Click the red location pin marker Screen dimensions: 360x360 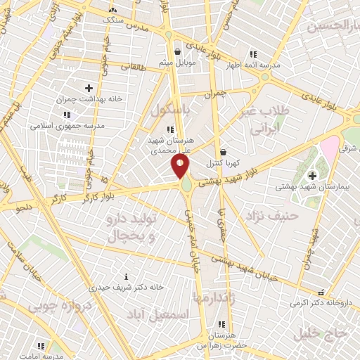(x=180, y=166)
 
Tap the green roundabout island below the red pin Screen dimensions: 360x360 (x=186, y=186)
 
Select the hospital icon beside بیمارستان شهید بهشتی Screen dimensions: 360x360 (x=312, y=174)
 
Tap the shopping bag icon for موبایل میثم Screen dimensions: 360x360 (x=177, y=51)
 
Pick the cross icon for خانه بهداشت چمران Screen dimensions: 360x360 (x=89, y=88)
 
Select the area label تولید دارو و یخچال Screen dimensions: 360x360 (x=129, y=227)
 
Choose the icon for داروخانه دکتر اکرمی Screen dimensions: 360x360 (x=321, y=292)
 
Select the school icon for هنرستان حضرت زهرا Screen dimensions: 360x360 (x=221, y=325)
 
